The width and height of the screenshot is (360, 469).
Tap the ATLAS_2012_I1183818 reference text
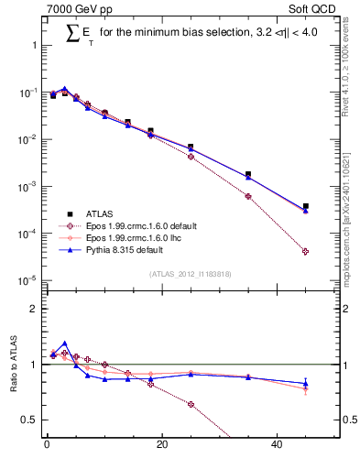click(x=190, y=274)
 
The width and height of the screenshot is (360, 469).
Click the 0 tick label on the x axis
click(x=47, y=446)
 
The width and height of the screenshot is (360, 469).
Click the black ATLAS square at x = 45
click(x=306, y=206)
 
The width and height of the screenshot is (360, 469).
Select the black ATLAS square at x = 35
click(x=248, y=174)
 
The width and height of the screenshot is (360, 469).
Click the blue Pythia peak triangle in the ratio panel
click(x=64, y=344)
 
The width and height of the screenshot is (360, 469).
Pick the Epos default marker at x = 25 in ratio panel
click(x=191, y=404)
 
